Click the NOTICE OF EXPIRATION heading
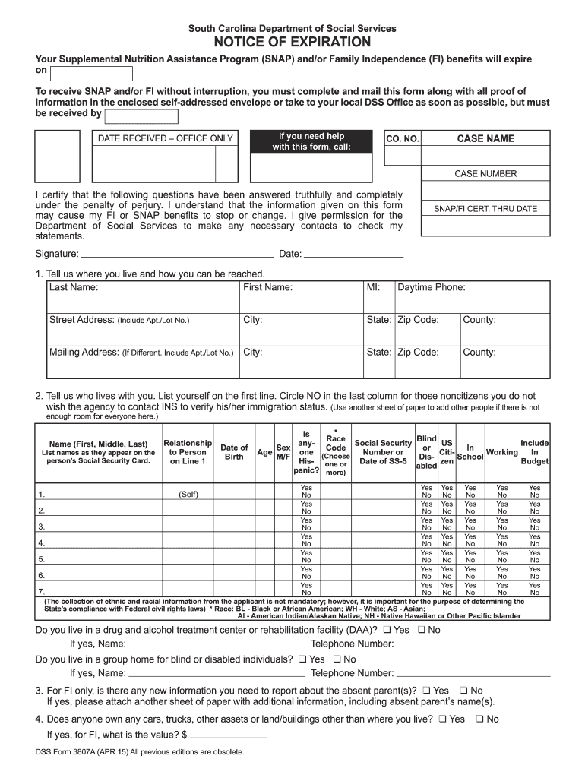(x=292, y=42)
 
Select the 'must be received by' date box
(x=141, y=116)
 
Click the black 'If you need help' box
(x=312, y=141)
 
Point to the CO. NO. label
(x=403, y=139)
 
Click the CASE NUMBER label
(x=485, y=174)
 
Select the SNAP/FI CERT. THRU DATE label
(x=485, y=209)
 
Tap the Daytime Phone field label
(x=432, y=287)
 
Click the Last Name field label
(x=74, y=287)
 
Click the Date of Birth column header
(x=234, y=452)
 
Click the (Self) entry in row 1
(x=188, y=494)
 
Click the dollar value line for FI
(x=228, y=736)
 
